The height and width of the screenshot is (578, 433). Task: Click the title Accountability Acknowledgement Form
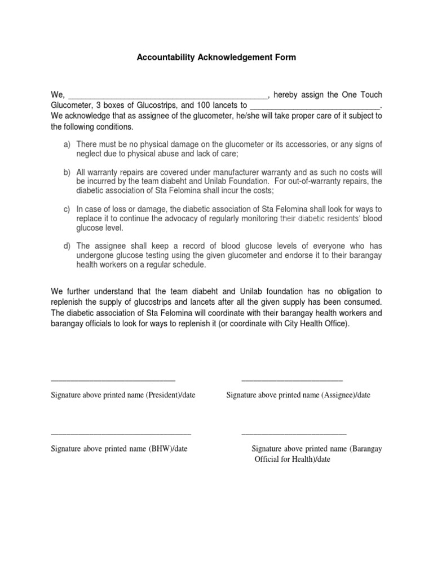216,58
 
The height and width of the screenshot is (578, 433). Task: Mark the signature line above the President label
113,380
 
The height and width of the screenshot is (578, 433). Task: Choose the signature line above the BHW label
121,433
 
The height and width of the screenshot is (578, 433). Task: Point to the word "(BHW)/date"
168,449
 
